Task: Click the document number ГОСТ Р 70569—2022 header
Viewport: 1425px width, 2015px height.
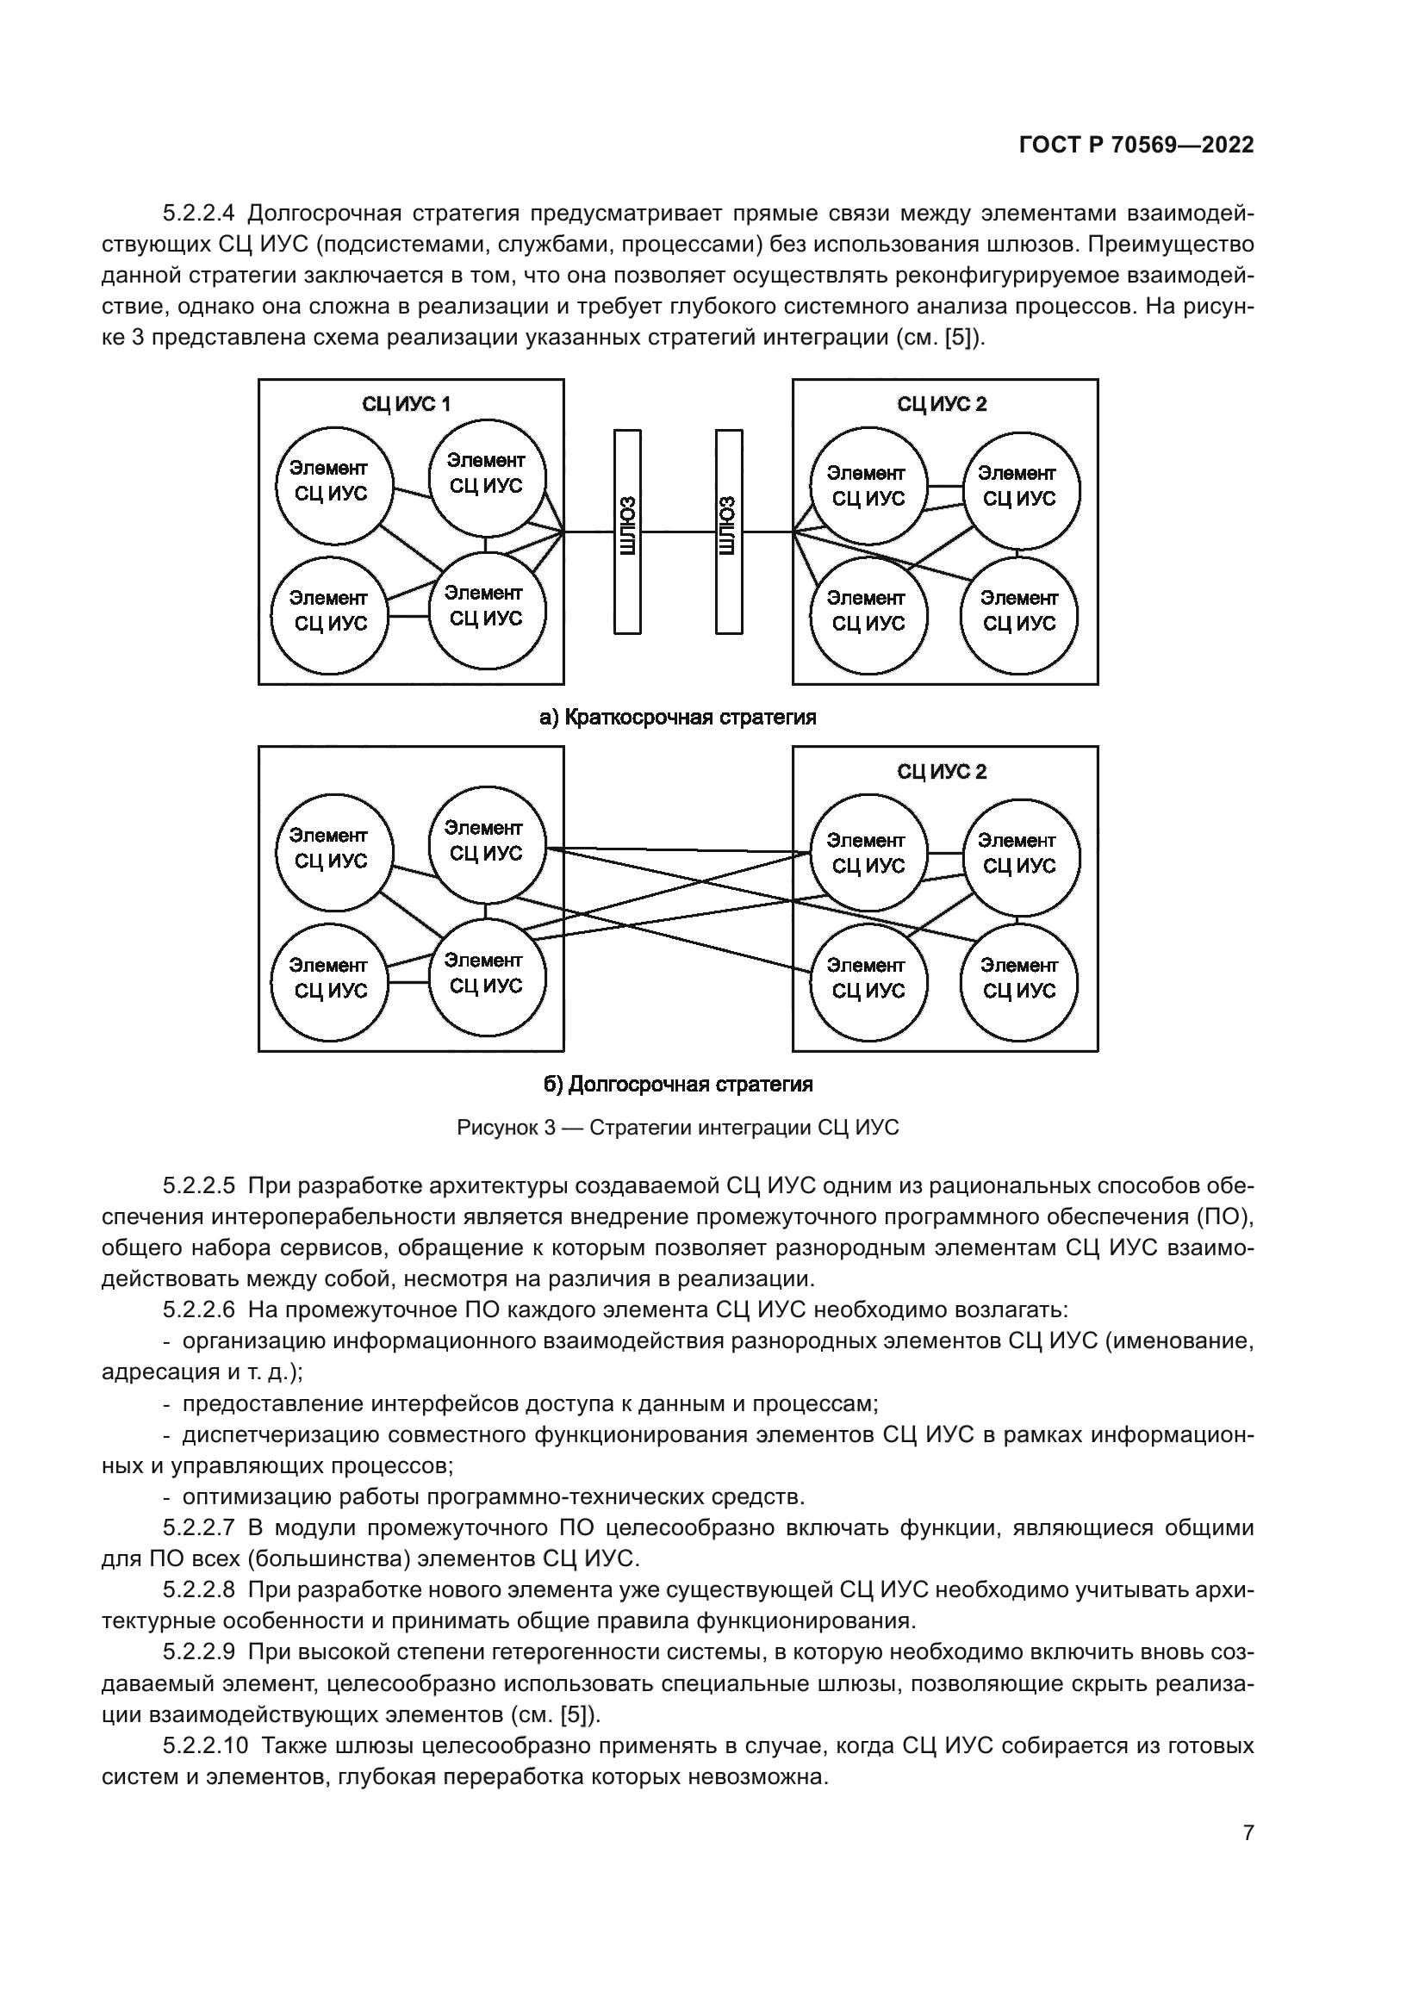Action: pyautogui.click(x=1136, y=145)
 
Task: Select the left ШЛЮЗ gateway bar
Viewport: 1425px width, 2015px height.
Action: pyautogui.click(x=626, y=531)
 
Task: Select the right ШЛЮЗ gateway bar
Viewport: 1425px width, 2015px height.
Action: pyautogui.click(x=728, y=531)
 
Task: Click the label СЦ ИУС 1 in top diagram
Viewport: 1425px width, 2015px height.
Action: pyautogui.click(x=407, y=404)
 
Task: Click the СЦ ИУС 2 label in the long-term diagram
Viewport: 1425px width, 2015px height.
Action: pyautogui.click(x=942, y=771)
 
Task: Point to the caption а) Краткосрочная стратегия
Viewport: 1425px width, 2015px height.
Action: pyautogui.click(x=677, y=718)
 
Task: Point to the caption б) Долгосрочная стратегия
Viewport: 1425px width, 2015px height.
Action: pyautogui.click(x=677, y=1085)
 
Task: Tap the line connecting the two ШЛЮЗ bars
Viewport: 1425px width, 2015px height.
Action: pyautogui.click(x=677, y=531)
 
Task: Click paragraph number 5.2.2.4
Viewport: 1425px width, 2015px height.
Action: pyautogui.click(x=199, y=214)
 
